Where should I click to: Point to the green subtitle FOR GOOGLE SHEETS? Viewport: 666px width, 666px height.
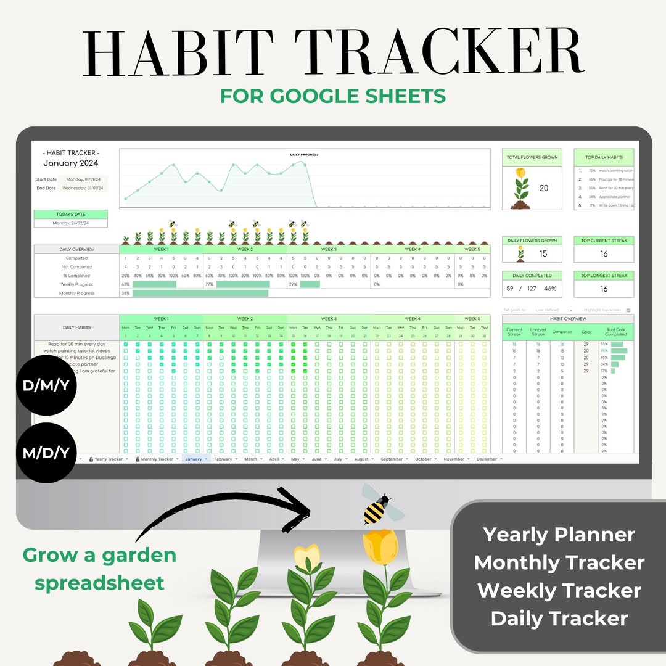[333, 96]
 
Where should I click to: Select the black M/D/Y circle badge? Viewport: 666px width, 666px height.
[46, 453]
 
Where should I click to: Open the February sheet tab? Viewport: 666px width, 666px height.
[223, 459]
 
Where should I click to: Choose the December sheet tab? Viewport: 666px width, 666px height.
[487, 459]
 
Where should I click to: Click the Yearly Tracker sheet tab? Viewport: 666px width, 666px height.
[109, 459]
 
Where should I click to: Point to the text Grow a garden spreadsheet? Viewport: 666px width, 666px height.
[99, 569]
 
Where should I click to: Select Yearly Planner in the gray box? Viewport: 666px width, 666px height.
[559, 535]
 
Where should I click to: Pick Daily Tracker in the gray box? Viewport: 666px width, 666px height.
[559, 619]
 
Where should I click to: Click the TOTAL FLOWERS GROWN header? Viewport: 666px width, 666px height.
[532, 158]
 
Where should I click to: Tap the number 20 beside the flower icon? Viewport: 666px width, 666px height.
[544, 188]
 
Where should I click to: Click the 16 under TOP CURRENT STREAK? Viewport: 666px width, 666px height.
[604, 253]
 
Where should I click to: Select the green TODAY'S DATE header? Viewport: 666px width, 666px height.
[70, 215]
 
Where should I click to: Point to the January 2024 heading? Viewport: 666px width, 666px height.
[70, 163]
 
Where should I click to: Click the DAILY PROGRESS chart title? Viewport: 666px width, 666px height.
[304, 155]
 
